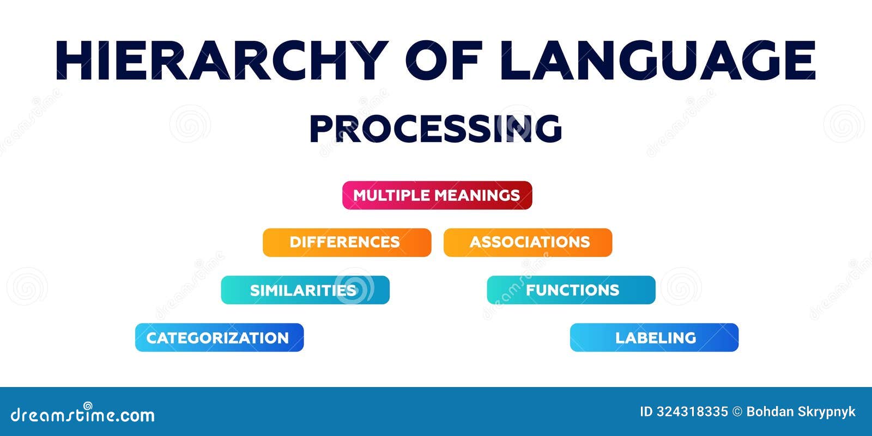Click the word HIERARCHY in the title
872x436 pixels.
point(222,60)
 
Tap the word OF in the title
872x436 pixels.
point(444,60)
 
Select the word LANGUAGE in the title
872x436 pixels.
point(658,60)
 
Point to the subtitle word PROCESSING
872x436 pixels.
point(435,128)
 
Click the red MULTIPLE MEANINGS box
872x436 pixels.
point(437,195)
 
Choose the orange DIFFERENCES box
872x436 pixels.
point(347,242)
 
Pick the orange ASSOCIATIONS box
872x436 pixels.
point(528,242)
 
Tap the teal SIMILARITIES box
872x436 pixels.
point(305,290)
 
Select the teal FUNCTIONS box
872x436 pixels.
point(571,290)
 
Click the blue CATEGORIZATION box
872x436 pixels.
point(220,337)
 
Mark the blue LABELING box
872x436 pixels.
point(655,337)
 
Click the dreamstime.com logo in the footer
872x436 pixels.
point(82,413)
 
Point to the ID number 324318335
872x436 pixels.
point(693,412)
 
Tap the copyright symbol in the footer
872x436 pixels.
point(737,412)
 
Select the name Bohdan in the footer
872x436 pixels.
point(770,412)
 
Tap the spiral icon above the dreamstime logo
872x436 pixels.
point(88,406)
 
